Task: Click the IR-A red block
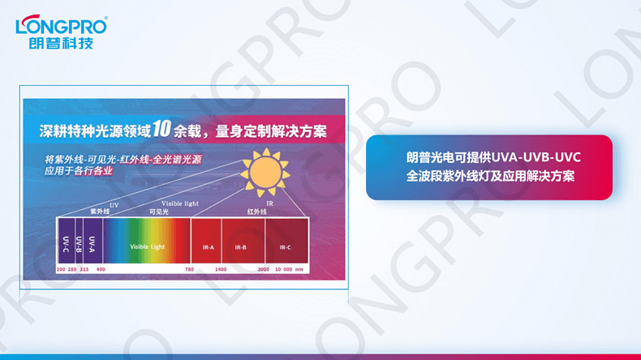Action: tap(209, 246)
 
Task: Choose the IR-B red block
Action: tap(241, 246)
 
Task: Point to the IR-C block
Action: tap(284, 246)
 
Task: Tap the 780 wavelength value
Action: tap(189, 268)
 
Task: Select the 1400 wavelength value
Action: tap(221, 268)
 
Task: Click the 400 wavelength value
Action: tap(101, 268)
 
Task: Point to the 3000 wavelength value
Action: tap(263, 268)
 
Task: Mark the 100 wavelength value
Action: tap(61, 268)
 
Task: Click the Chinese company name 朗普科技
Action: tap(61, 43)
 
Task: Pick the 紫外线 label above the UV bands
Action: tap(99, 211)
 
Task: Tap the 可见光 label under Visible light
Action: tap(158, 211)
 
